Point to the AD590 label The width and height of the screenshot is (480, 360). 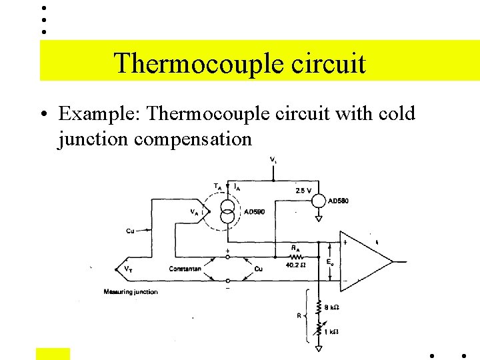tap(254, 212)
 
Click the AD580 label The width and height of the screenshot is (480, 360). tap(339, 201)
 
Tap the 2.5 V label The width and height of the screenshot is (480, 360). tap(303, 190)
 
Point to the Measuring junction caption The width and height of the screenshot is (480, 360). tap(131, 292)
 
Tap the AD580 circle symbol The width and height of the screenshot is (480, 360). tap(319, 201)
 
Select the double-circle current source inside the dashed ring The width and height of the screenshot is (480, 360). tap(228, 211)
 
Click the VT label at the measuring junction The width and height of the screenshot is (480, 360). tap(127, 269)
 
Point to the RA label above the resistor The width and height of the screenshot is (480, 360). tap(295, 247)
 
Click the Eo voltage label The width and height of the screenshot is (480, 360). tap(330, 262)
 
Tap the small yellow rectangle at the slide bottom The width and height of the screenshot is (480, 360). tap(53, 354)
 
